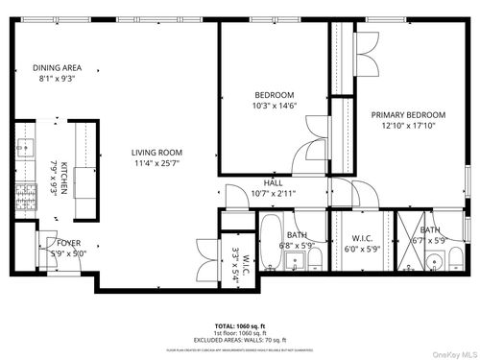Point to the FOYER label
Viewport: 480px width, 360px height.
[69, 244]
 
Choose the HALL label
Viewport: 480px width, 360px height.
[273, 181]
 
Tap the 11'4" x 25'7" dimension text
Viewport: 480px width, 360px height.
[156, 163]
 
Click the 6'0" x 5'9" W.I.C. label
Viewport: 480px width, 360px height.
[362, 243]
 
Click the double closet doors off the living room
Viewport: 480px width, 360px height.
[204, 252]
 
